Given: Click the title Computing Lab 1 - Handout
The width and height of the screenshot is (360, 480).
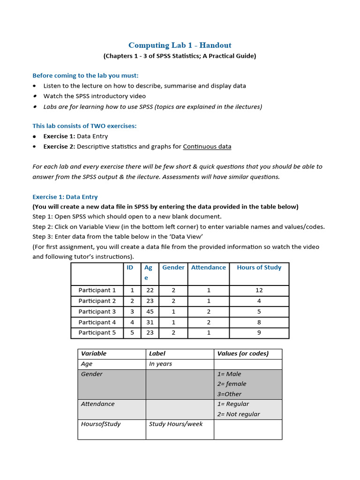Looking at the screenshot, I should click(180, 45).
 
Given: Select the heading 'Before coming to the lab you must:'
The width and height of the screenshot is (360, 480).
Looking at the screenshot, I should click(85, 75).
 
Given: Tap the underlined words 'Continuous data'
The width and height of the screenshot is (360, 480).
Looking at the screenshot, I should click(207, 147).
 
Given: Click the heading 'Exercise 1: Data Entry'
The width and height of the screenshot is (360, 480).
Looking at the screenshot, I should click(65, 197).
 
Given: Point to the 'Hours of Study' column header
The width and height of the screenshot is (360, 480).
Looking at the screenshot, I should click(259, 268).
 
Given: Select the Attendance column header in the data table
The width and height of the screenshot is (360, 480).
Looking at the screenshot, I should click(208, 268).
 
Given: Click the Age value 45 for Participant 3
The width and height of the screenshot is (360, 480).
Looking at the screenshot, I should click(150, 312).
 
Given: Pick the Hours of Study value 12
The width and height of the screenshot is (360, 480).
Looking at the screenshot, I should click(259, 291).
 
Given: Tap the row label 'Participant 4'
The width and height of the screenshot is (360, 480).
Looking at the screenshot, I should click(97, 322).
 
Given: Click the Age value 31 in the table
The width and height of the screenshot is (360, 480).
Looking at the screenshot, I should click(150, 322).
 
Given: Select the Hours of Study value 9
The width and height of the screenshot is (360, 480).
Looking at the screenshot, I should click(259, 333).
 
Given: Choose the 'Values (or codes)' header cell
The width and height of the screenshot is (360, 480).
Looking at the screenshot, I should click(243, 354).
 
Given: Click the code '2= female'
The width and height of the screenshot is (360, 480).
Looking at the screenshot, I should click(232, 384).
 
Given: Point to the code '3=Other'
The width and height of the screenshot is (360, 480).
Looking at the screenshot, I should click(229, 394).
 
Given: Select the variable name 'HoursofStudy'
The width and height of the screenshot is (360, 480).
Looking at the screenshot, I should click(101, 424).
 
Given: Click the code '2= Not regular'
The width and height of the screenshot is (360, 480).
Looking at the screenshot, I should click(238, 414).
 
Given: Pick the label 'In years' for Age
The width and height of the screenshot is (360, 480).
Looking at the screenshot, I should click(160, 364).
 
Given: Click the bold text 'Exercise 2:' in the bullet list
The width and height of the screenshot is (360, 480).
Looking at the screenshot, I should click(59, 147).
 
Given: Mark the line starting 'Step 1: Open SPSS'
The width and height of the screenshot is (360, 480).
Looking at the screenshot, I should click(127, 217).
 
